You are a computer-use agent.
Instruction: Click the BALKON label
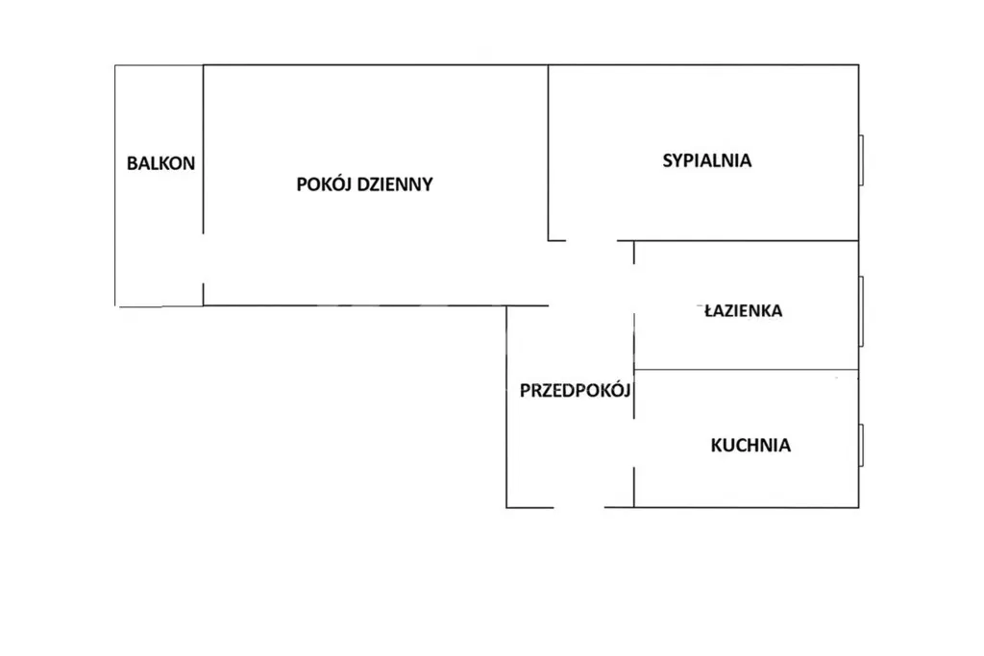coord(160,163)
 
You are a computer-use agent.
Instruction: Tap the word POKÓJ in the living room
coord(324,184)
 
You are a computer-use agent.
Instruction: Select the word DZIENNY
coord(395,184)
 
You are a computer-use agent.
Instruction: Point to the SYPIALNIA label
coord(706,160)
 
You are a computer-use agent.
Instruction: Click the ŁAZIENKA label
coord(741,310)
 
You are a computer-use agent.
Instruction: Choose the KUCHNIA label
coord(750,445)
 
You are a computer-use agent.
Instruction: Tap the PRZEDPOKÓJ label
coord(574,390)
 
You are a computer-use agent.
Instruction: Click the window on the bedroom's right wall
coord(862,159)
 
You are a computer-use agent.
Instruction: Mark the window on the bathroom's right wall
coord(862,309)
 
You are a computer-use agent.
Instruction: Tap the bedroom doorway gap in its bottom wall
coord(590,240)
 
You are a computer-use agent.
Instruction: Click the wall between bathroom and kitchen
coord(746,370)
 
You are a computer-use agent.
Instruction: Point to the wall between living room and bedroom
coord(549,152)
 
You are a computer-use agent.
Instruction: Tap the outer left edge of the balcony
coord(115,184)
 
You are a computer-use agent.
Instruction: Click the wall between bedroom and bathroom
coord(746,240)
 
